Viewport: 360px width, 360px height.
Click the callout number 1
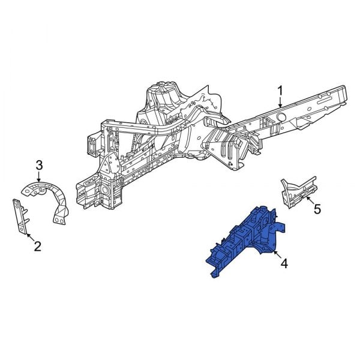pyautogui.click(x=280, y=92)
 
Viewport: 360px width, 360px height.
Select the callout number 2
pyautogui.click(x=37, y=246)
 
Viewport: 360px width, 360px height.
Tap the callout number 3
pyautogui.click(x=39, y=166)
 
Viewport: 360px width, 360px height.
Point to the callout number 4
pyautogui.click(x=284, y=263)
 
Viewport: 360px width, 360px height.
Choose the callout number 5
pyautogui.click(x=317, y=209)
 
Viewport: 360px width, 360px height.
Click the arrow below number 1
pyautogui.click(x=280, y=103)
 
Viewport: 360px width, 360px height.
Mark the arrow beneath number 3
pyautogui.click(x=39, y=177)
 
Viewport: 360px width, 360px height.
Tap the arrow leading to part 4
pyautogui.click(x=277, y=254)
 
